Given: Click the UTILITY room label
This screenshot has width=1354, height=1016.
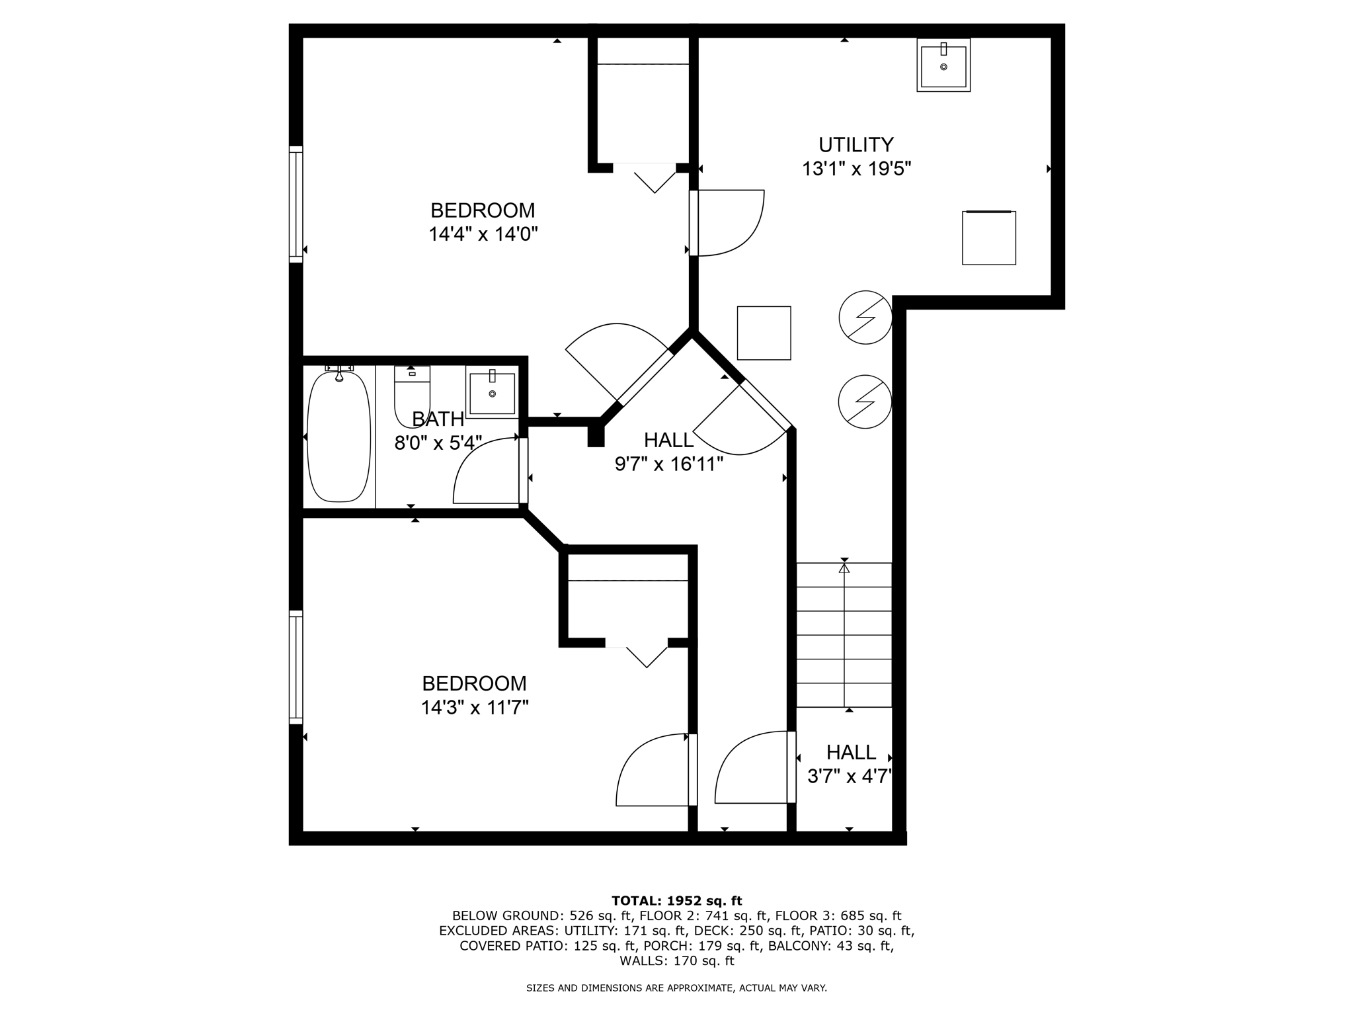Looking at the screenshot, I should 856,144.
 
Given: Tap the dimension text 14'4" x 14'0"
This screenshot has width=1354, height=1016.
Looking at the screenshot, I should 483,234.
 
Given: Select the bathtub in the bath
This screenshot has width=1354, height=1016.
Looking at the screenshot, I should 338,437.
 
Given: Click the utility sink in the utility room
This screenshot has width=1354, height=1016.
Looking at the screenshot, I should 943,65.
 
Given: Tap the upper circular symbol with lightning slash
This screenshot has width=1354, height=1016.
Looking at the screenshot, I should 865,317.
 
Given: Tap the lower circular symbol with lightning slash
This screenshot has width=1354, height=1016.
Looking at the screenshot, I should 865,402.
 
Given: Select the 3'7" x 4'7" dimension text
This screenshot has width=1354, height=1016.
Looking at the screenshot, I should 850,775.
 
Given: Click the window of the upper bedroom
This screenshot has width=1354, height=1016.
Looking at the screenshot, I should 296,204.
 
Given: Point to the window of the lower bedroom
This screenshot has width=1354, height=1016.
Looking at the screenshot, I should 296,667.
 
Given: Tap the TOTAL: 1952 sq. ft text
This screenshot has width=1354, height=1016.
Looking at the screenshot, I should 676,900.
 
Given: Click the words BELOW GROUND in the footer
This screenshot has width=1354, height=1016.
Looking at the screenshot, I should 506,916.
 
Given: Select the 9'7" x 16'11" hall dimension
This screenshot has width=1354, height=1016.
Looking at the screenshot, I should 668,464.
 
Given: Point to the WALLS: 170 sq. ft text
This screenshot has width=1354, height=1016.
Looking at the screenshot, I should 676,960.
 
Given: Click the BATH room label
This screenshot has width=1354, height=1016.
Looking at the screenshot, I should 438,419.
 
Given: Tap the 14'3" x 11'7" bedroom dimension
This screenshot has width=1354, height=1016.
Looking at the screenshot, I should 475,708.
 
